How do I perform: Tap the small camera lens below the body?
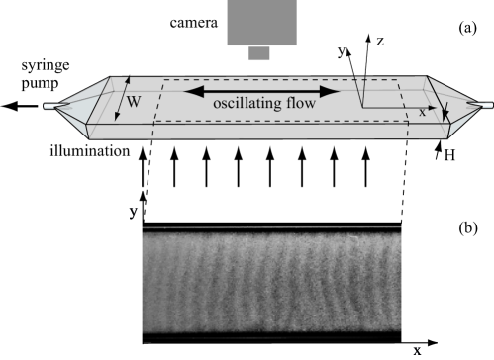(x=258, y=53)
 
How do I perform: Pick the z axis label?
(x=380, y=42)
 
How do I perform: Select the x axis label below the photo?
(x=418, y=350)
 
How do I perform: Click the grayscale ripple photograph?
(x=272, y=283)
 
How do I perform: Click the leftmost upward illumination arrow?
(x=145, y=167)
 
